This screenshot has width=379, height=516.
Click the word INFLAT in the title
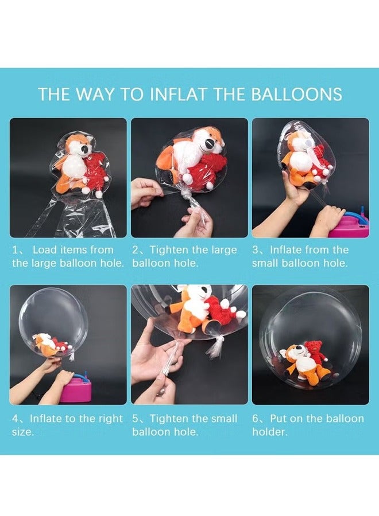click(179, 94)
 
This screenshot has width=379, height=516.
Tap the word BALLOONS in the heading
click(296, 94)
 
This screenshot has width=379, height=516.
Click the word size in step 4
click(22, 432)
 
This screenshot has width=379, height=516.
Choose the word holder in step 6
click(269, 432)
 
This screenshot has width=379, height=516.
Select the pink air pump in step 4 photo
click(75, 389)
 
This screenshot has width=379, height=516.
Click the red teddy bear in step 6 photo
click(314, 353)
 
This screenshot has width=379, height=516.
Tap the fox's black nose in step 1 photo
click(85, 150)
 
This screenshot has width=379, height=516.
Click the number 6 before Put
click(256, 419)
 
